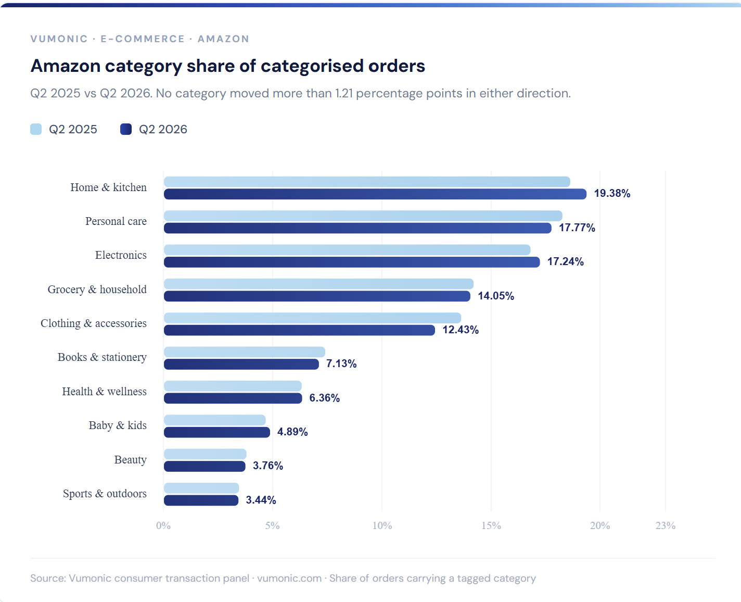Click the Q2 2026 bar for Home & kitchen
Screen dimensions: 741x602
[375, 194]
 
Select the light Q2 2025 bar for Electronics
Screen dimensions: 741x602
[347, 249]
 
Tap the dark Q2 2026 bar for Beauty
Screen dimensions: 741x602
[205, 466]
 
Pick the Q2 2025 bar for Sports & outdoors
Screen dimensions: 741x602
[201, 488]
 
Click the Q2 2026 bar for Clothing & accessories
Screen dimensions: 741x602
[299, 330]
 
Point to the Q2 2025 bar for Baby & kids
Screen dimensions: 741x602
[214, 420]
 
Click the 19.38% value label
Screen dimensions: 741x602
[612, 193]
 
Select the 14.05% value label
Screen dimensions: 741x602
[496, 296]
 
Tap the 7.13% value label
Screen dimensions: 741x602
[341, 364]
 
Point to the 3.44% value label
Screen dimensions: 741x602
[261, 500]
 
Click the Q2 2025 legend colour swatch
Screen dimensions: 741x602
[36, 129]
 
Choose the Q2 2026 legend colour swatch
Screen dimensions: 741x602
[126, 129]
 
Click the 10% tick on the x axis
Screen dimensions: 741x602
[382, 526]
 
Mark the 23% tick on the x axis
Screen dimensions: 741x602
[666, 526]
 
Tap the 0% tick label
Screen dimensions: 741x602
[163, 526]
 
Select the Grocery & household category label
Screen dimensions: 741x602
[97, 290]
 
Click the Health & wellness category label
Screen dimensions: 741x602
[105, 392]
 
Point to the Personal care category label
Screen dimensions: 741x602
[116, 221]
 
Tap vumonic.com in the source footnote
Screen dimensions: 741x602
[289, 579]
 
